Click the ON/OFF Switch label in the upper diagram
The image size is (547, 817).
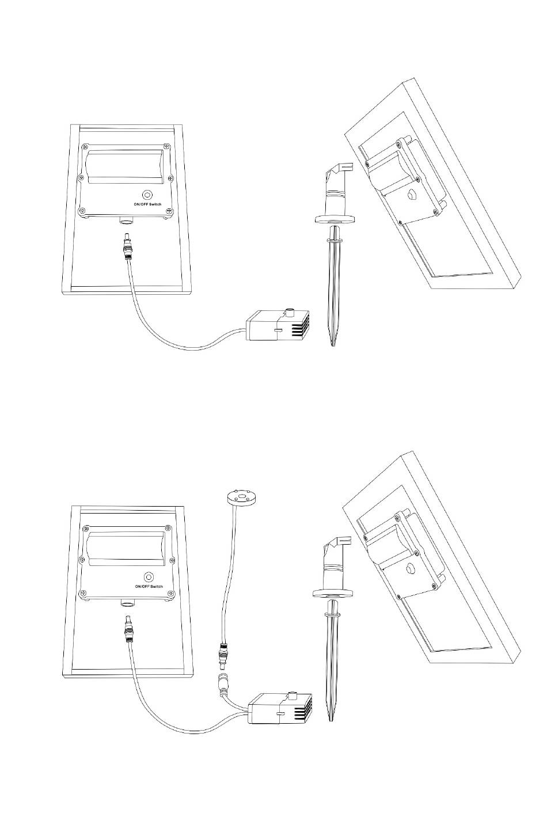click(x=147, y=204)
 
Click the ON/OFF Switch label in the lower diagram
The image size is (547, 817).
click(x=149, y=587)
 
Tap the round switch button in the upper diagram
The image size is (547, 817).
click(x=147, y=195)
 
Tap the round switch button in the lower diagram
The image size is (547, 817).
click(x=149, y=577)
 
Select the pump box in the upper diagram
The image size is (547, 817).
click(x=278, y=325)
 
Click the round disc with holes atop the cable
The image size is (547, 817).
click(x=240, y=497)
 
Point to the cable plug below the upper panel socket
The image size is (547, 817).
click(x=128, y=246)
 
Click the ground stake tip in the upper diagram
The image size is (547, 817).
click(x=333, y=345)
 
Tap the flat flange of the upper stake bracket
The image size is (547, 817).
click(x=335, y=219)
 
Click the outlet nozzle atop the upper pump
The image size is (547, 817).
click(x=291, y=313)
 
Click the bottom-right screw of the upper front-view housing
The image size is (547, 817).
click(x=169, y=211)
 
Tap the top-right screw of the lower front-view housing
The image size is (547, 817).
click(x=168, y=528)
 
